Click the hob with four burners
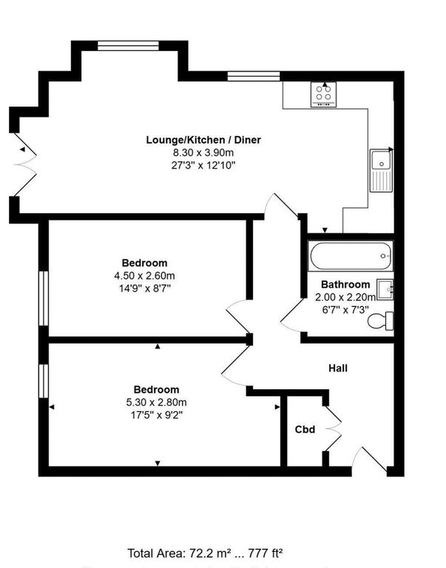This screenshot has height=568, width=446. click(323, 93)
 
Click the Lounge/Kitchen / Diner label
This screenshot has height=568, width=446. click(203, 140)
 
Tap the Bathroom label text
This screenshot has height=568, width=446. click(345, 285)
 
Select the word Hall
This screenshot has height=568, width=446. click(338, 368)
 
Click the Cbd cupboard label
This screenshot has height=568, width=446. click(305, 429)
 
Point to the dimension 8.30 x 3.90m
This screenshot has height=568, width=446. click(203, 152)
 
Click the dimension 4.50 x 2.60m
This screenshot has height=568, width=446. click(144, 276)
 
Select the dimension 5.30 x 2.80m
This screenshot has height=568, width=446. click(156, 402)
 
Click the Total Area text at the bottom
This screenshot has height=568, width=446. click(206, 552)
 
